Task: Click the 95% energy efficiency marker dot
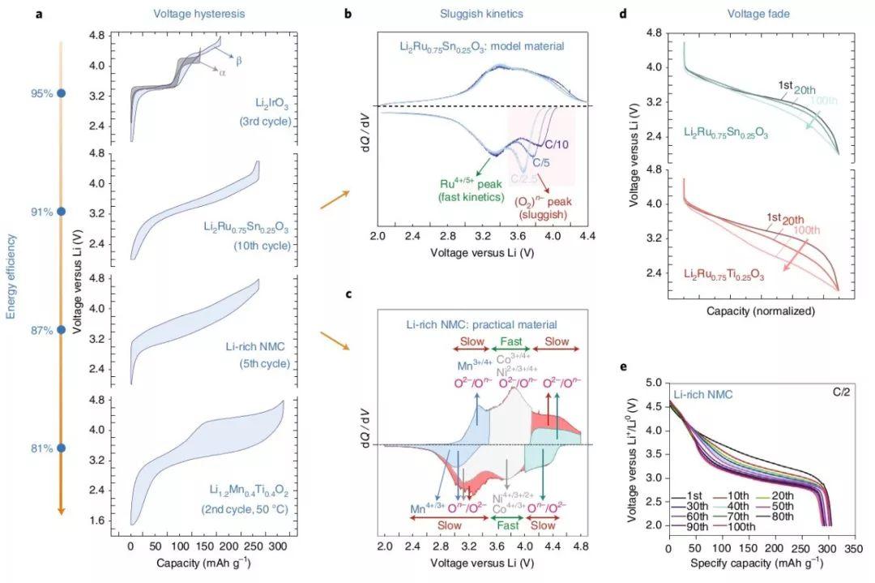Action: [61, 93]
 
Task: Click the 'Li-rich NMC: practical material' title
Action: [481, 324]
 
